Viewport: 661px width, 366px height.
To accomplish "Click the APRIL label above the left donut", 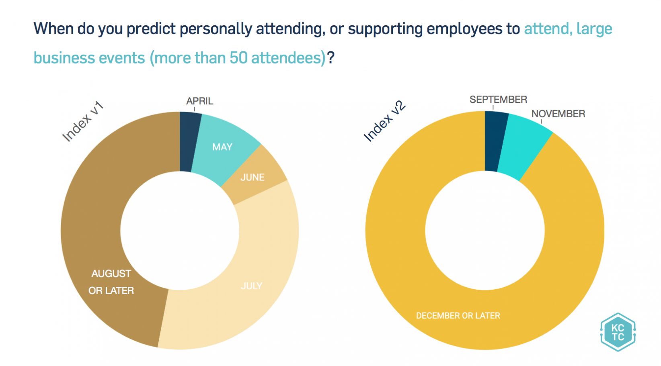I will coord(199,101).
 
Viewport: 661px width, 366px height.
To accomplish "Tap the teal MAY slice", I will coord(222,147).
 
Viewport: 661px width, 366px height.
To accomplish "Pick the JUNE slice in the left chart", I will coord(252,177).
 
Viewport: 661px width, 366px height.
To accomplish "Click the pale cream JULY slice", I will coord(251,286).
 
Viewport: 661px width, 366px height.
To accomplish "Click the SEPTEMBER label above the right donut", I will coord(498,100).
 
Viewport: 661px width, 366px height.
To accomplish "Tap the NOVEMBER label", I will coord(558,114).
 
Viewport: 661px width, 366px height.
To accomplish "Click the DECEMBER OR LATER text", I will coord(458,316).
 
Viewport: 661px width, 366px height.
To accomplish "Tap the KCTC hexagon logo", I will coord(618,332).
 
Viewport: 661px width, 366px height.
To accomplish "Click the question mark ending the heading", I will coord(330,58).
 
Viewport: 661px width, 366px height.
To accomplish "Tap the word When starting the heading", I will coord(53,29).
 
